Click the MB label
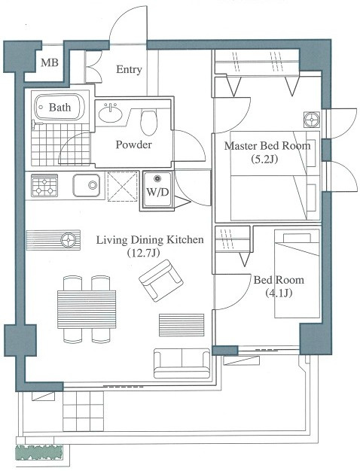(x=50, y=62)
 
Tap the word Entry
(x=129, y=70)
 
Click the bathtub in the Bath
(x=59, y=107)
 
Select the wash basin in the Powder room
(x=111, y=114)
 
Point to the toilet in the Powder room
(x=148, y=122)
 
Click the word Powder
(x=133, y=144)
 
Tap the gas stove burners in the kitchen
(x=44, y=187)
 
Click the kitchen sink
(x=87, y=185)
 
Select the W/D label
(x=157, y=193)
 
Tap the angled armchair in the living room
(x=161, y=281)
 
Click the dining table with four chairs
(x=87, y=309)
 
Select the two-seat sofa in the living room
(x=182, y=363)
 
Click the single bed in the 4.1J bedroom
(x=297, y=274)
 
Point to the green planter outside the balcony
(x=39, y=453)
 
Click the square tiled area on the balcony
(x=84, y=411)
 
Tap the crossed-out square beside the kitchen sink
(x=123, y=187)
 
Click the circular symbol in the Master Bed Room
(x=311, y=119)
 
